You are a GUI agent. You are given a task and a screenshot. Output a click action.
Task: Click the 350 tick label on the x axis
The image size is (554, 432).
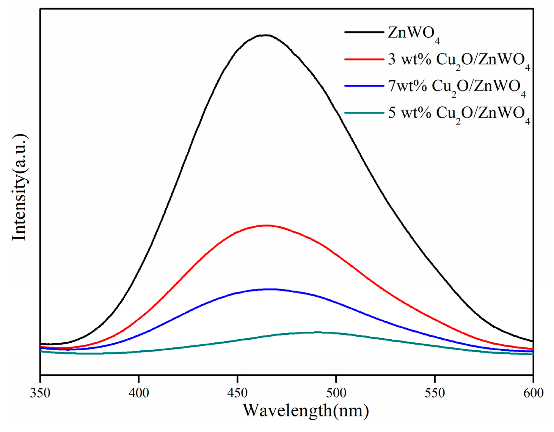(x=40, y=393)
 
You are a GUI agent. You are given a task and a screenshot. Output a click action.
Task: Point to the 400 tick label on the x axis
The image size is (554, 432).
(x=139, y=393)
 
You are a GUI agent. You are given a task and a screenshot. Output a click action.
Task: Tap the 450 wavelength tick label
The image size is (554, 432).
(x=237, y=393)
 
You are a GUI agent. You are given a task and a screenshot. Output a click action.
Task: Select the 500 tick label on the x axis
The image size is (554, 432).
(x=336, y=393)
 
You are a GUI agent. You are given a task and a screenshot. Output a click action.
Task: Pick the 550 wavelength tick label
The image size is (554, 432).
(x=435, y=393)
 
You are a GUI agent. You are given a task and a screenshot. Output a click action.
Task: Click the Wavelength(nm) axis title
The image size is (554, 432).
(x=306, y=411)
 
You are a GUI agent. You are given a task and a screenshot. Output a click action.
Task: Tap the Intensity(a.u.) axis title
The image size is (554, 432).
(x=19, y=187)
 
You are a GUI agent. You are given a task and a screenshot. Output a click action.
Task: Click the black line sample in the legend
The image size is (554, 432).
(x=364, y=32)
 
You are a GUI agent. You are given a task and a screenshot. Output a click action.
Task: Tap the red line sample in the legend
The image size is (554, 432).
(x=364, y=59)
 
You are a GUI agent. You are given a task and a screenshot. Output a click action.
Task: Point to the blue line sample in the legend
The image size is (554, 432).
(x=364, y=86)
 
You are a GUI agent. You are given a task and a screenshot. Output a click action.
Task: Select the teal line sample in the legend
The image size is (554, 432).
(x=364, y=112)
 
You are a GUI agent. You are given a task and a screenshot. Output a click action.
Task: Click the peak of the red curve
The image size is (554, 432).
(x=267, y=225)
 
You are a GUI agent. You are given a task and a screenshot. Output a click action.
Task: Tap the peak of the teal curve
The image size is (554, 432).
(x=317, y=332)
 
